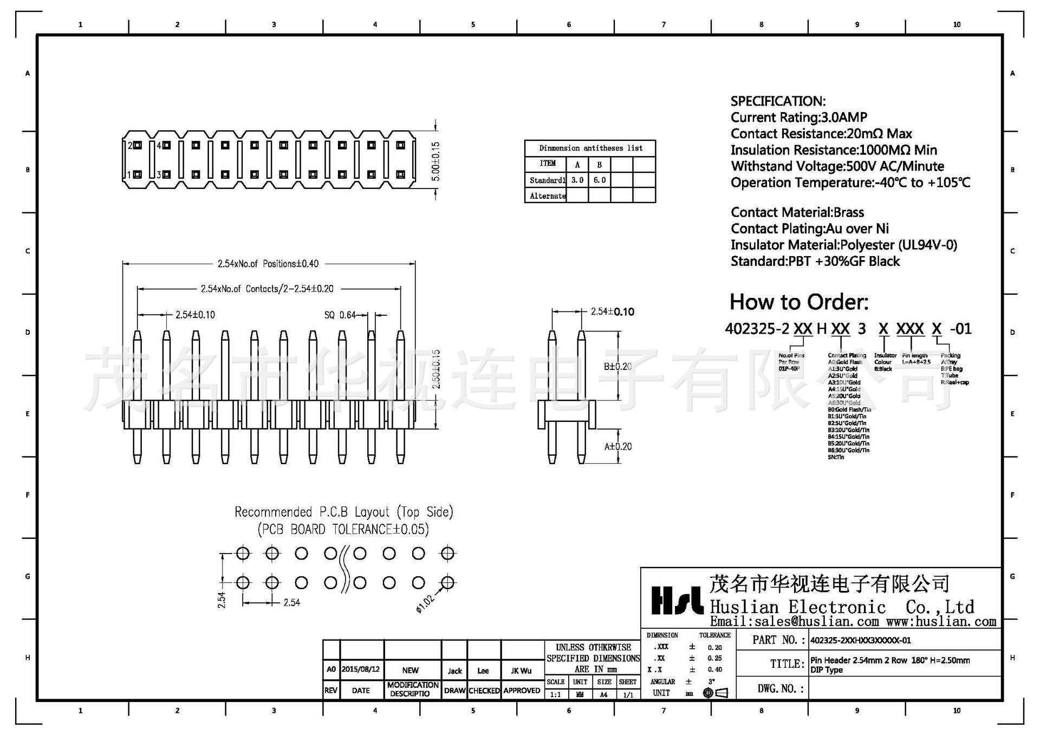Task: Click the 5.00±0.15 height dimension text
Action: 436,161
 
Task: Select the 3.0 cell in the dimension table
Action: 577,180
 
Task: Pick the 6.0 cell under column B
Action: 600,180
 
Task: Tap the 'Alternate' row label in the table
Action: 547,196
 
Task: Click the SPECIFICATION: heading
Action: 778,101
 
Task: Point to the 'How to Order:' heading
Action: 799,302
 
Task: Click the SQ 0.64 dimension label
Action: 340,315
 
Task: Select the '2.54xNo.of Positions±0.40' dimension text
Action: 268,264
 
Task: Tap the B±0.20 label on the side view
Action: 617,367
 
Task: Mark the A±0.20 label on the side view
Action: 618,446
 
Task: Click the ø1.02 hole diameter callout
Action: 425,603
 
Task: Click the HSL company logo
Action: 677,600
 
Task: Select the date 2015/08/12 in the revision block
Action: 361,669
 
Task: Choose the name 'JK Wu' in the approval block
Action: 521,671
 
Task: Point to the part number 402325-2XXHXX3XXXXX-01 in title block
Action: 861,640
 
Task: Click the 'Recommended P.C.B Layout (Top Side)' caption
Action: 343,512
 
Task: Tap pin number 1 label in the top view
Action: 129,175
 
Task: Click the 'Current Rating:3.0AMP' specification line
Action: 798,118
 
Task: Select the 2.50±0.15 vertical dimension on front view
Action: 436,369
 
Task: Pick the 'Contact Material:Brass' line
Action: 797,212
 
